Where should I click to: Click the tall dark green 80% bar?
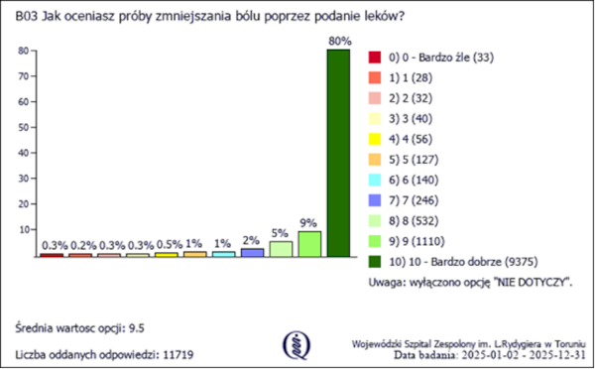[338, 154]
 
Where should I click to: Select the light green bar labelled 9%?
[309, 244]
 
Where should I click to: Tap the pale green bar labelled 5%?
[281, 249]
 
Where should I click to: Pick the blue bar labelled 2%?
[252, 253]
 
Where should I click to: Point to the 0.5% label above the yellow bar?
[167, 244]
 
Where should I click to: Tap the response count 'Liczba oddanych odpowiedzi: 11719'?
[102, 353]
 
